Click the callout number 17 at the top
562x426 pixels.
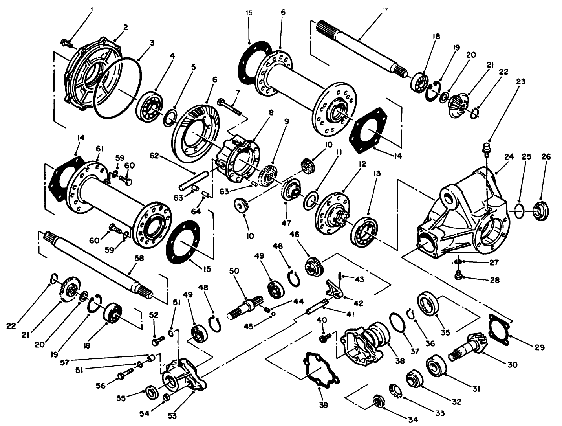pyautogui.click(x=384, y=11)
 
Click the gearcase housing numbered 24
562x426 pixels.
pyautogui.click(x=463, y=212)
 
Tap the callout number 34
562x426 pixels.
pyautogui.click(x=412, y=420)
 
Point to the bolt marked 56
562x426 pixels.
pyautogui.click(x=125, y=374)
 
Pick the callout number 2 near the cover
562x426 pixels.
pyautogui.click(x=125, y=27)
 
